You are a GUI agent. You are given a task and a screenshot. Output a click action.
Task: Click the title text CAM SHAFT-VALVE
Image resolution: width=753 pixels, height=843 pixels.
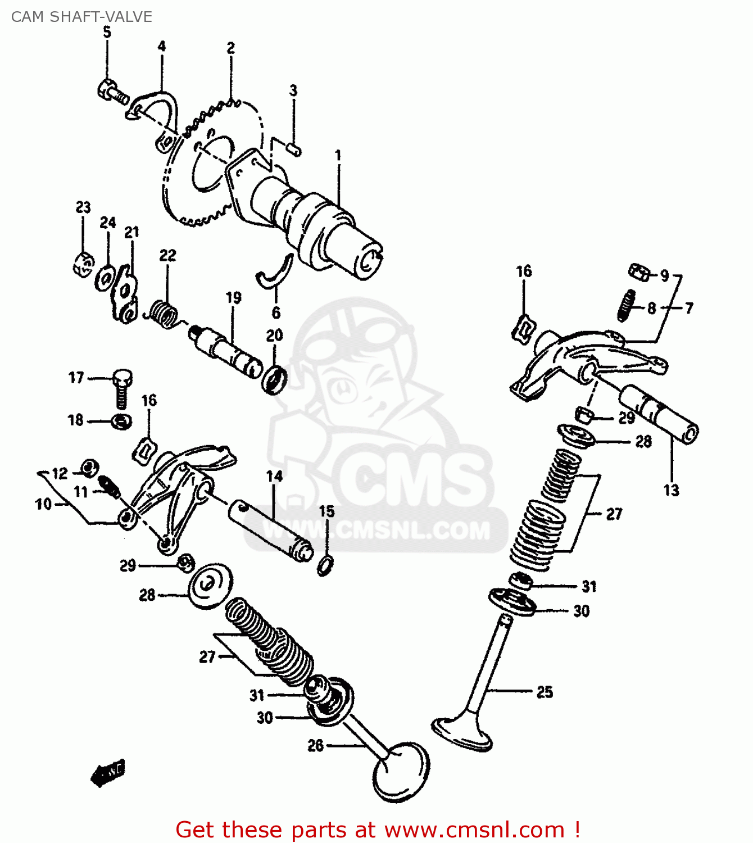click(x=81, y=17)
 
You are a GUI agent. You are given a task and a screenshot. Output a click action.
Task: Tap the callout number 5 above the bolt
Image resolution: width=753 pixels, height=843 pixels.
click(x=107, y=33)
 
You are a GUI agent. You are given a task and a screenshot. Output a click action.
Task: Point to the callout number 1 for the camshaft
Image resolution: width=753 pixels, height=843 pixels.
click(x=338, y=155)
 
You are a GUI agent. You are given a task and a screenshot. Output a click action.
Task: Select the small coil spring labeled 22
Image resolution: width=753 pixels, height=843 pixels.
click(x=164, y=313)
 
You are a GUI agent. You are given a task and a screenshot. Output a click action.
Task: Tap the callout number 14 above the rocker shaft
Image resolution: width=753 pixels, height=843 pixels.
click(x=274, y=477)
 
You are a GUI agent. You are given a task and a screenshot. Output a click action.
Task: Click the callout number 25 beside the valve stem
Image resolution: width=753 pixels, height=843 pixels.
click(x=545, y=692)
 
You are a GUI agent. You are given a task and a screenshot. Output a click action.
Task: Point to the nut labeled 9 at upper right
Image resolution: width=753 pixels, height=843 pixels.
click(x=639, y=273)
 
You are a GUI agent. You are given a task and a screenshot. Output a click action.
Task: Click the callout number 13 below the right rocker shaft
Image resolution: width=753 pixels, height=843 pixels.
click(x=671, y=490)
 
